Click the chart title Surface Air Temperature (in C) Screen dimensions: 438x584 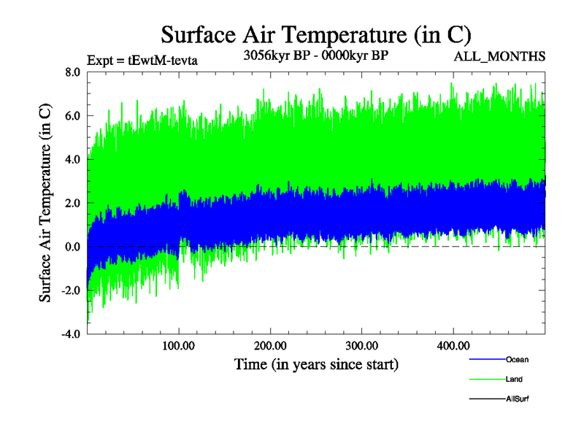coord(315,34)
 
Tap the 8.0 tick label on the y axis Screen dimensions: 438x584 coord(72,72)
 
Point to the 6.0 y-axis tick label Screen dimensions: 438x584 coord(72,115)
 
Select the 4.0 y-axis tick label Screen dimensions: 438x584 coord(72,159)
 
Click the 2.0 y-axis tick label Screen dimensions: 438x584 coord(72,203)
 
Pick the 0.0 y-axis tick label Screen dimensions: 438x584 coord(72,247)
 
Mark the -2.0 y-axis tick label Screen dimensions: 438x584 coord(70,291)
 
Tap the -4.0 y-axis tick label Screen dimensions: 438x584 coord(70,334)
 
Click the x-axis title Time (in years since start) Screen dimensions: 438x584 coord(316,363)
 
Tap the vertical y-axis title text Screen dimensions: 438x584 coord(45,203)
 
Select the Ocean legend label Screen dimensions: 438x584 coord(517,360)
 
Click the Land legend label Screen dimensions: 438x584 coord(514,380)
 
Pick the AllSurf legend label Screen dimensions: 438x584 coord(517,399)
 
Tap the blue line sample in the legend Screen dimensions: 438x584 coord(485,360)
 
